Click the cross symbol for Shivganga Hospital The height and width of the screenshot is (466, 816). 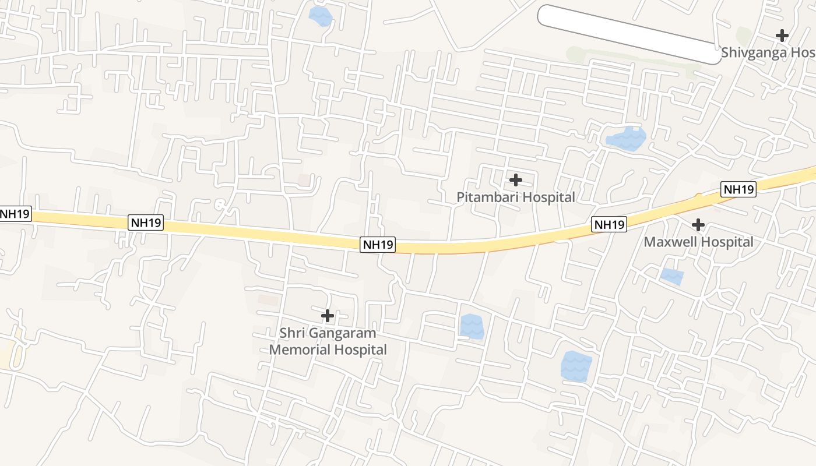(782, 36)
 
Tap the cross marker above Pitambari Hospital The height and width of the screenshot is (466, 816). (515, 179)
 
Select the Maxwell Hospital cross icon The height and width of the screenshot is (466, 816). (698, 224)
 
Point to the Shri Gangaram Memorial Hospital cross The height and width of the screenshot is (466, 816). (328, 316)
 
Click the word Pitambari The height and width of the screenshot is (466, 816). (485, 197)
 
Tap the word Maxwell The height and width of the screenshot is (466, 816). (670, 242)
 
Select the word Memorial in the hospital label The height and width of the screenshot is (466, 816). (296, 350)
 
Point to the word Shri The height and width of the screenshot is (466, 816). (292, 333)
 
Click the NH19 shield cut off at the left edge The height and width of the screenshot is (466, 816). (15, 214)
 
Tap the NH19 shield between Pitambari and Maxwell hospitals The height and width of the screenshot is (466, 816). (609, 224)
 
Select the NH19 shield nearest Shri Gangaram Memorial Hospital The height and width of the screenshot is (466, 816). (378, 245)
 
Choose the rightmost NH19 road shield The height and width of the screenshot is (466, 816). (738, 189)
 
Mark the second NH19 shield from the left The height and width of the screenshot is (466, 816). (145, 223)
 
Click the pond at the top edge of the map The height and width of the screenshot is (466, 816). (320, 16)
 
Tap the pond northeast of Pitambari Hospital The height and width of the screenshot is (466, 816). (626, 139)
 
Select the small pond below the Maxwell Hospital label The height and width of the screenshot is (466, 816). (672, 276)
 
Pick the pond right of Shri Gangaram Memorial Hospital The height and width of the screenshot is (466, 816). (472, 326)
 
